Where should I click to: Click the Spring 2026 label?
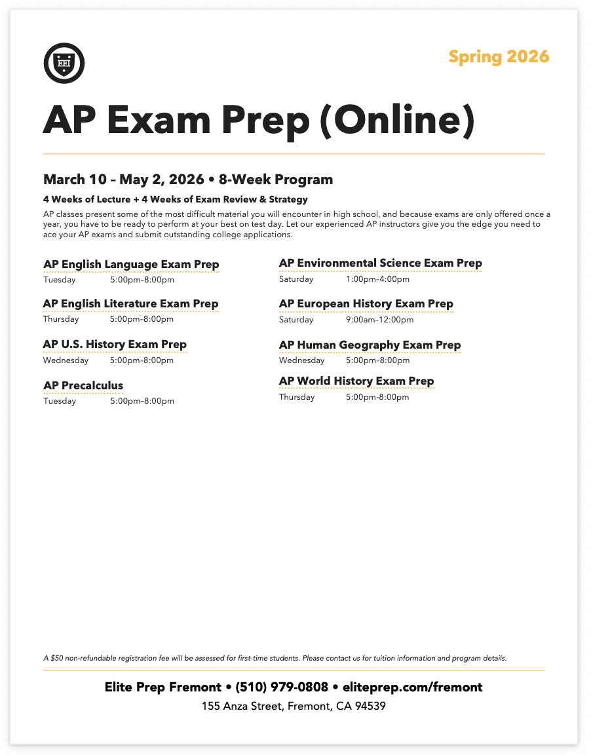click(499, 57)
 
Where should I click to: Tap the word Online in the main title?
click(396, 121)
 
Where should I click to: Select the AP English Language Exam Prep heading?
click(131, 264)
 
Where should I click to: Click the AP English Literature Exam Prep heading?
click(130, 303)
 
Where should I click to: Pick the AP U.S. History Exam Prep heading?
click(115, 344)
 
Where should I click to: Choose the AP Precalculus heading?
click(83, 385)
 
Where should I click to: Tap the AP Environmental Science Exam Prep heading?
click(380, 263)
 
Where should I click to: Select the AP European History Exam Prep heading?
click(366, 303)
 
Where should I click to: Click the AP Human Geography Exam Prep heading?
click(370, 345)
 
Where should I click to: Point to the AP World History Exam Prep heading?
click(356, 381)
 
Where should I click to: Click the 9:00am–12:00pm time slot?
click(379, 320)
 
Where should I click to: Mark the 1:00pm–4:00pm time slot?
click(377, 279)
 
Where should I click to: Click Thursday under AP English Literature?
click(61, 319)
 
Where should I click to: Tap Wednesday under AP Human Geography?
click(301, 360)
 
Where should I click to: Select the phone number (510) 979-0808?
click(282, 687)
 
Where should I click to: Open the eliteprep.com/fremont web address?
click(412, 687)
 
